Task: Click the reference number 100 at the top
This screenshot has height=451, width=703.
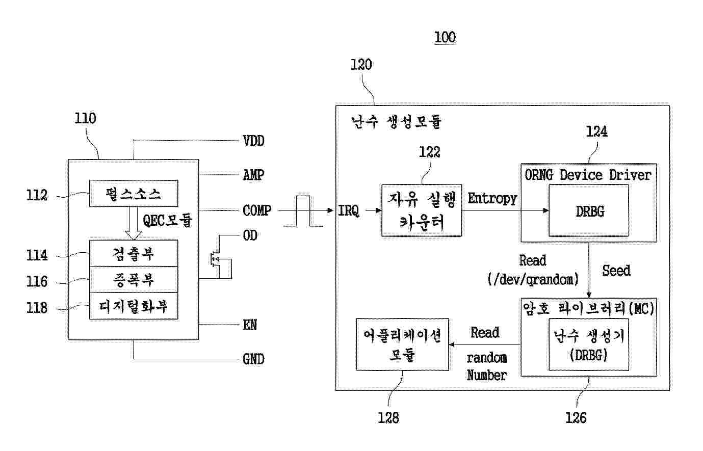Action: coord(445,37)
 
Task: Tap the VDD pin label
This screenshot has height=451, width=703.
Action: coord(253,141)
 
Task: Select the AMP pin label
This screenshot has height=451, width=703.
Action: coord(253,175)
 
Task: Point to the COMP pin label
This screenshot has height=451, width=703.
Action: coord(257,210)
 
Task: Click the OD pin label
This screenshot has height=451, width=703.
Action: coord(250,235)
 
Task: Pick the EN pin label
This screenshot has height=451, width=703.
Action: coord(250,325)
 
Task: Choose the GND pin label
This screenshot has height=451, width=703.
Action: coord(253,359)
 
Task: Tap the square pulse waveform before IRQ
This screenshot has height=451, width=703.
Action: coord(303,211)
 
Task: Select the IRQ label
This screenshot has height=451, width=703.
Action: coord(348,211)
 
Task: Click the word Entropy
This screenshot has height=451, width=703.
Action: coord(492,199)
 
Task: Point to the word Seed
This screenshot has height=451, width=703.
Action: coord(616,271)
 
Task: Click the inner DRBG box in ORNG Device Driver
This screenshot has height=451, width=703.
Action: coord(589,210)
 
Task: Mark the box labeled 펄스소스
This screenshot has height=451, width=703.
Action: coord(134,193)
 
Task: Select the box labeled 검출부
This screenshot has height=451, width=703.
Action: coord(134,253)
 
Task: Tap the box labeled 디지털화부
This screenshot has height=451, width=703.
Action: coord(134,306)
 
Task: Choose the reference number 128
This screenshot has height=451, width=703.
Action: coord(388,418)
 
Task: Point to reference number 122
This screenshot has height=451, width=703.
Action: coord(429,152)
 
